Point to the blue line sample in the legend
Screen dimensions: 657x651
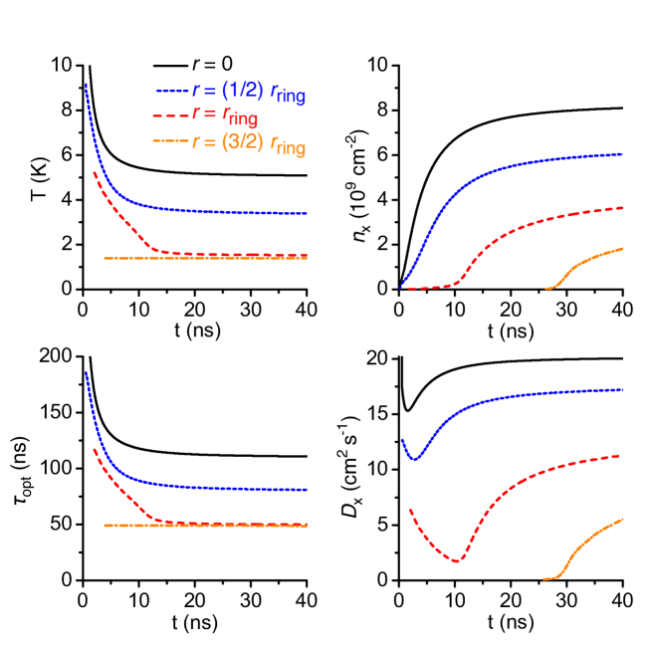[171, 91]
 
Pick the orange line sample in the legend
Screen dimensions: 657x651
[171, 141]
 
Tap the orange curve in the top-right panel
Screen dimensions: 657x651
[587, 261]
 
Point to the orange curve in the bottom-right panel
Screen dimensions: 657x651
[587, 538]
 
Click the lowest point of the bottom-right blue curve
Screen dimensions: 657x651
[415, 460]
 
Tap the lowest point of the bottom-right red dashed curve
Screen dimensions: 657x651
[457, 561]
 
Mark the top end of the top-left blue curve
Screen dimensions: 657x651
[87, 85]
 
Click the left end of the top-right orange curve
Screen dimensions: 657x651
[546, 289]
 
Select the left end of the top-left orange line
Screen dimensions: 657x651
[105, 258]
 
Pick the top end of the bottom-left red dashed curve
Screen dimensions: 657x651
[95, 449]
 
